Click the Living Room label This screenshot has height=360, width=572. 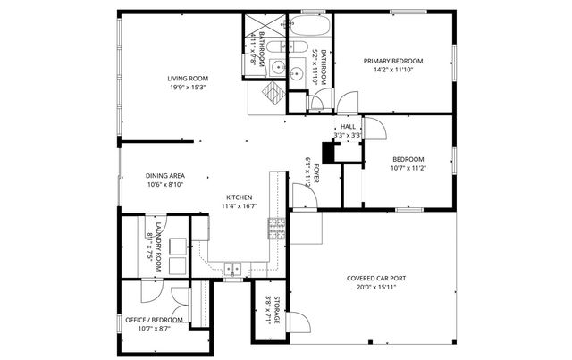click(188, 79)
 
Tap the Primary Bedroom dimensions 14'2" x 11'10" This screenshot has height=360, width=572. click(393, 71)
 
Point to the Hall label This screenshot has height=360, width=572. click(348, 127)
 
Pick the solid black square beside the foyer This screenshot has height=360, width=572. click(329, 154)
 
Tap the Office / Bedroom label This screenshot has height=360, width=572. click(154, 320)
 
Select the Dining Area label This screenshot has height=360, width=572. click(164, 176)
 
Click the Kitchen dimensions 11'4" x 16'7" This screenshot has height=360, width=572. click(238, 206)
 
